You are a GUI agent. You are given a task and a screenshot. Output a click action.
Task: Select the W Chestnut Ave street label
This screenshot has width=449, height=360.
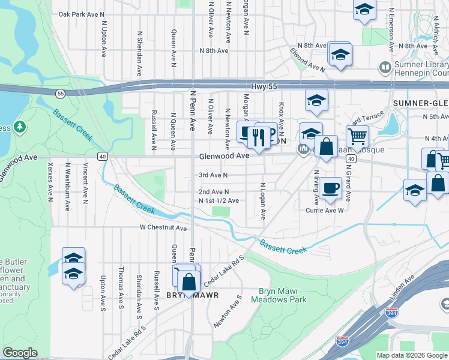click(163, 228)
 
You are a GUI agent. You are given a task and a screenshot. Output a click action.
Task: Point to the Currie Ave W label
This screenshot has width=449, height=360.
click(324, 211)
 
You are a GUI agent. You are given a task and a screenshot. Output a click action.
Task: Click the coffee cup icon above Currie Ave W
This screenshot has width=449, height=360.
click(330, 188)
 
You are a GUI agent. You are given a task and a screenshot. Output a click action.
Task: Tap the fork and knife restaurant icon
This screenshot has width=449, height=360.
click(259, 136)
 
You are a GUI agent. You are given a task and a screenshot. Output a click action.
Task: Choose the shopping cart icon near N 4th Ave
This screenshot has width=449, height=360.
click(357, 137)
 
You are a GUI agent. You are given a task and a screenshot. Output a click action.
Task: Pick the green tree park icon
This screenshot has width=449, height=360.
click(20, 127)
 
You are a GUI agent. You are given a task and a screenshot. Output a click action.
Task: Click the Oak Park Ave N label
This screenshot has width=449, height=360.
click(82, 14)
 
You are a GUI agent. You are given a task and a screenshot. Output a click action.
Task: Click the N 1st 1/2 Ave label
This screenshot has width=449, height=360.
click(218, 200)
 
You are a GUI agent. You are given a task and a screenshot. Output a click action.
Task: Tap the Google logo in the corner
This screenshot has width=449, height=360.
click(20, 353)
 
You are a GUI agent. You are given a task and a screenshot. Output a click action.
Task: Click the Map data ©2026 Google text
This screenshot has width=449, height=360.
click(411, 355)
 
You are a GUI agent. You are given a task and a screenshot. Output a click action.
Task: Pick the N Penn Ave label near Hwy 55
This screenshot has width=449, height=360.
click(193, 111)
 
